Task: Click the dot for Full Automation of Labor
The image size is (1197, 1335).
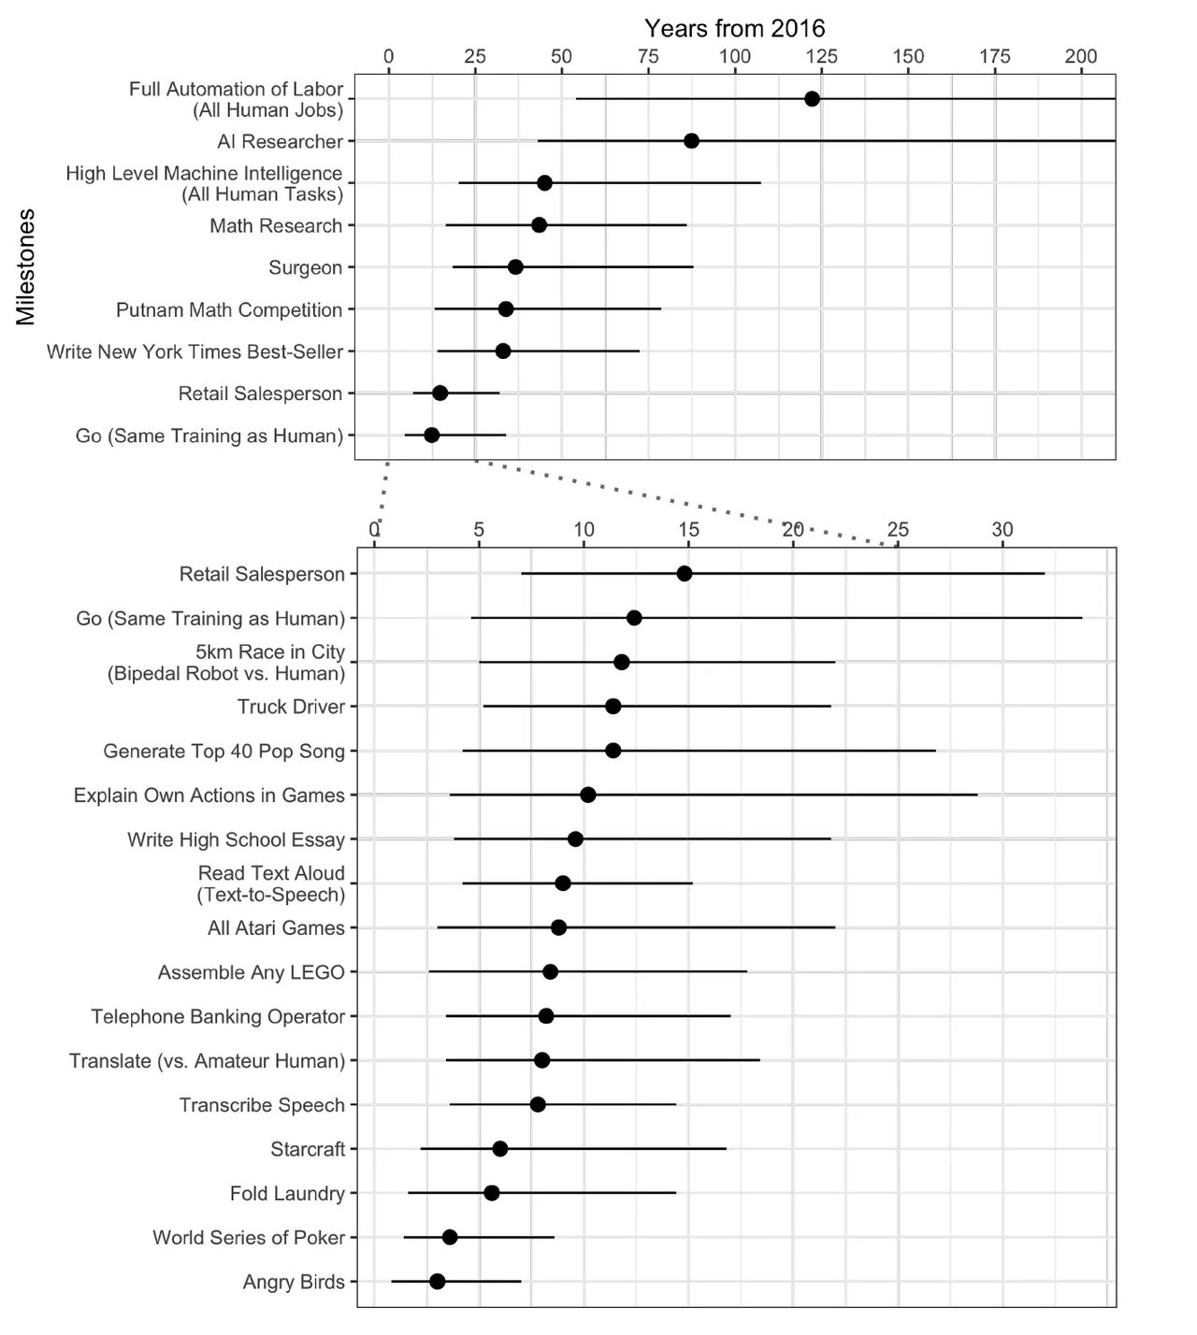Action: coord(812,99)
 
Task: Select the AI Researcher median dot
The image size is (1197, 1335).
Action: coord(691,141)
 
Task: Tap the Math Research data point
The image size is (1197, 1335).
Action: coord(540,225)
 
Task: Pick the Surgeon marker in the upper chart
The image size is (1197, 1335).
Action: coord(515,266)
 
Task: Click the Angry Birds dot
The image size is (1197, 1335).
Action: coord(437,1282)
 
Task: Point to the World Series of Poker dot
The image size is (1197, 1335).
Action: coord(450,1237)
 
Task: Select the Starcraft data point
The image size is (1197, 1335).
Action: coord(500,1149)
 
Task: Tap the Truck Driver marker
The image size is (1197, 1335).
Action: coord(613,707)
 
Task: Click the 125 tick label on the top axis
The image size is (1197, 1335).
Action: coord(821,57)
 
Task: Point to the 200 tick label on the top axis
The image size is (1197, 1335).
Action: coord(1081,57)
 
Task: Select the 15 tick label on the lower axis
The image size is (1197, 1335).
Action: coord(688,530)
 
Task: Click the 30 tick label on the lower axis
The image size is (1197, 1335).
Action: coord(1002,530)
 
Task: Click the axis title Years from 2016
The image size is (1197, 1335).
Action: coord(735,28)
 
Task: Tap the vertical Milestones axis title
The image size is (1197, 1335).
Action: coord(25,266)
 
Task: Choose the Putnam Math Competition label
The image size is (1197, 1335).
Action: coord(229,309)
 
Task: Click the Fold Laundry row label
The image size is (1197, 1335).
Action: coord(287,1193)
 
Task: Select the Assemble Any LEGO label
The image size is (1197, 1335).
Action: coord(252,972)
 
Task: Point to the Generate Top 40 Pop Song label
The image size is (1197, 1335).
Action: coord(224,752)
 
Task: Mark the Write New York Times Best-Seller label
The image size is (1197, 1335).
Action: coord(195,352)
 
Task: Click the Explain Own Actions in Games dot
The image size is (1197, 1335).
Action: coord(588,795)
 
